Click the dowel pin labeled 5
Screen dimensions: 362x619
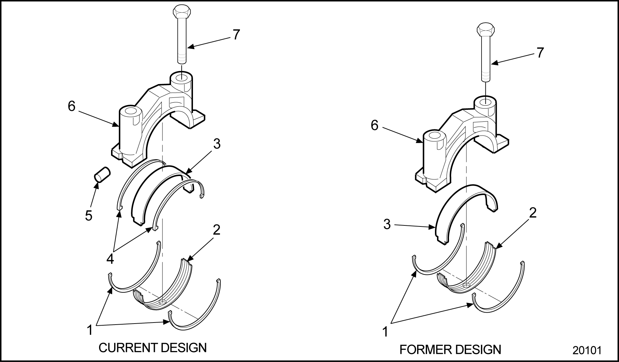102,174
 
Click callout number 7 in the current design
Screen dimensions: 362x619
236,35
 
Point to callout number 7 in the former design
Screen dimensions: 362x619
540,53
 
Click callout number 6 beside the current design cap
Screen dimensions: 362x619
71,107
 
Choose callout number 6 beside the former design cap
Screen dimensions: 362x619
375,126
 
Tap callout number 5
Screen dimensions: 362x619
89,216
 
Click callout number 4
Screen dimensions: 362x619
110,259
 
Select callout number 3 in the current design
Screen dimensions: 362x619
217,144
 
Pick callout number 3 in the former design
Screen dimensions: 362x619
387,225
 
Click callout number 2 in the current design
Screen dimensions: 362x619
217,230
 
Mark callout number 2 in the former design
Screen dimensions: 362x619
533,213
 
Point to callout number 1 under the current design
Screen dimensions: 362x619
90,330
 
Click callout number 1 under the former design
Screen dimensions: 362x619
385,332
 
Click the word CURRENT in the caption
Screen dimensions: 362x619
128,348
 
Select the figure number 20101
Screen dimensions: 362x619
587,350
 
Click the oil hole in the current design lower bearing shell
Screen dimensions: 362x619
162,302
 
